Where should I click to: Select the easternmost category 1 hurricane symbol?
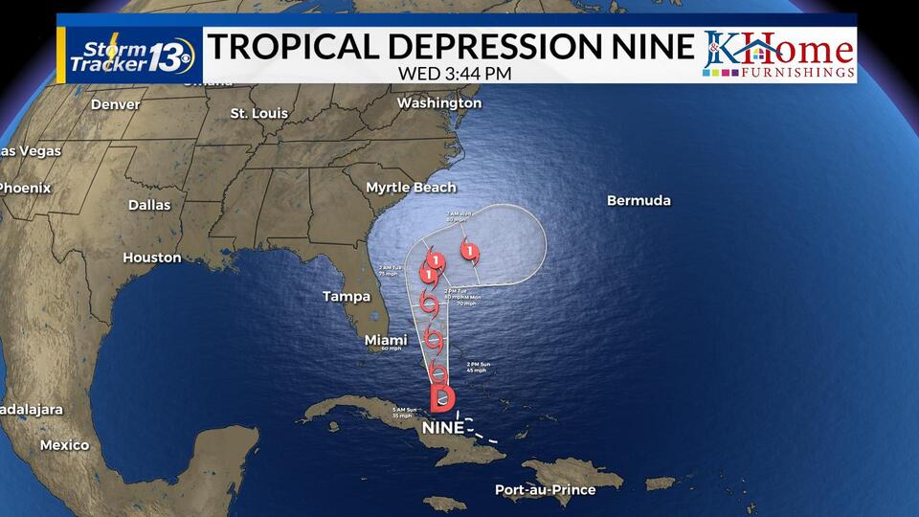(469, 252)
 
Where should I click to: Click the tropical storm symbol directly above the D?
(438, 372)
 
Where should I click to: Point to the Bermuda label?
(639, 201)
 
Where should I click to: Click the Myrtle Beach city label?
(411, 188)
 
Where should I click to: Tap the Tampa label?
(347, 296)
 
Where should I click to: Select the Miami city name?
(386, 340)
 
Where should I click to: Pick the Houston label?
(152, 258)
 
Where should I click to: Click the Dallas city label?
(149, 205)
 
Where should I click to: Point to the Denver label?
(116, 104)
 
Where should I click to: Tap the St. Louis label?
(258, 113)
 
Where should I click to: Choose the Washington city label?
(439, 102)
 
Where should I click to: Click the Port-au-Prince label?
(545, 490)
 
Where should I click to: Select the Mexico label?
(64, 445)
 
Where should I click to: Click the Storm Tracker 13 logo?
(131, 55)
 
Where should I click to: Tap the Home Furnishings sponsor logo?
(779, 55)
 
